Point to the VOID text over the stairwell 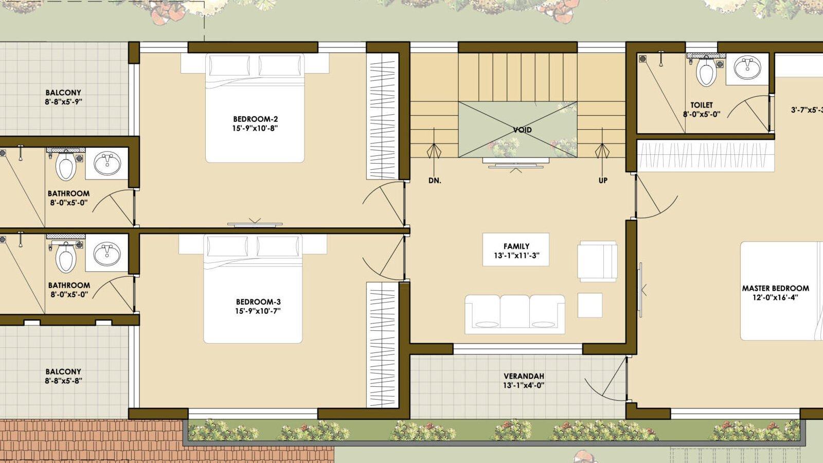tap(522, 130)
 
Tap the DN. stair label tap(435, 181)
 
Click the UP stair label tap(603, 181)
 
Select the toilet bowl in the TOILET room tap(706, 71)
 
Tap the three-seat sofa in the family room tap(515, 314)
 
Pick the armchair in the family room tap(597, 262)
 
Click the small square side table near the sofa tap(590, 305)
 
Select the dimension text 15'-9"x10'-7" tap(258, 311)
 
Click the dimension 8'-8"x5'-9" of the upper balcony tap(63, 102)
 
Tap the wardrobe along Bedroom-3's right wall tap(383, 345)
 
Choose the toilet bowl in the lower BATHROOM tap(66, 256)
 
